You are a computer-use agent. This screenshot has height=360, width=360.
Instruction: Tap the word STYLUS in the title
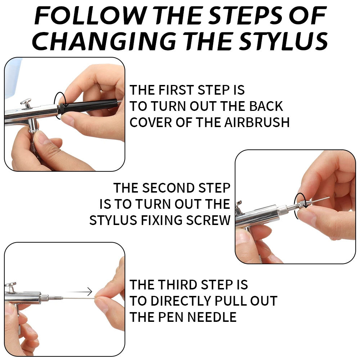click(x=284, y=41)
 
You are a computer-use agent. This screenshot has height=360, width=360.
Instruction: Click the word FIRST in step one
click(x=176, y=90)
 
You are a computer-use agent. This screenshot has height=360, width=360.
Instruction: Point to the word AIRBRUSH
click(x=257, y=122)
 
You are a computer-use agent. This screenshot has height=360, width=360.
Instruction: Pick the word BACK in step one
click(x=266, y=106)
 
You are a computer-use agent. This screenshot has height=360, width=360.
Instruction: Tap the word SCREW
click(x=208, y=220)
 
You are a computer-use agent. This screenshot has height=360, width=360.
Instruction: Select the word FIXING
click(x=162, y=220)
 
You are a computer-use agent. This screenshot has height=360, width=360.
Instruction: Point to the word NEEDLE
click(x=212, y=317)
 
